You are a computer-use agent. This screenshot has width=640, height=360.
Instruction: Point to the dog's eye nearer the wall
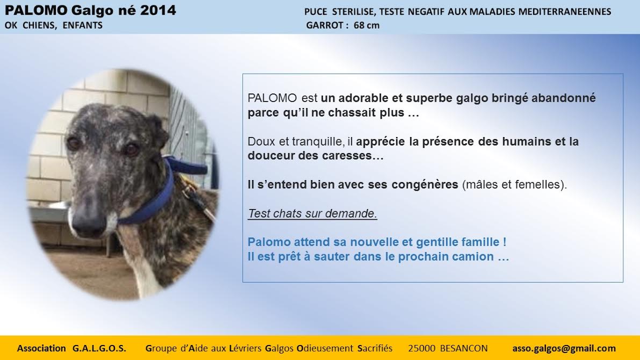74,143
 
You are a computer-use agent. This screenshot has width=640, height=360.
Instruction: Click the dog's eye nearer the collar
131,149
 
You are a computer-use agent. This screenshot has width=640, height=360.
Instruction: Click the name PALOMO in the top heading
36,10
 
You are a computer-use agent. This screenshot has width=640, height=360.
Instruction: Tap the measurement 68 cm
366,25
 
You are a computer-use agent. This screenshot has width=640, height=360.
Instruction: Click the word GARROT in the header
325,25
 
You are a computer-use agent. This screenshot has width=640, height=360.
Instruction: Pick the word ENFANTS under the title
82,25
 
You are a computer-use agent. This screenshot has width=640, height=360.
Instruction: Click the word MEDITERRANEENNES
564,12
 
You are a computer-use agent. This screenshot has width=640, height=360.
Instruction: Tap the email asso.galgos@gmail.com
564,349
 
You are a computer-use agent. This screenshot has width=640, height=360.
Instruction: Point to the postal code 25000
422,349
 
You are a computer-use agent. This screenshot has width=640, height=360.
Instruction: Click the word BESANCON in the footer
464,349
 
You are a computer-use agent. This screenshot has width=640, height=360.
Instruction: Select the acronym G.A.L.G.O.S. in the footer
99,349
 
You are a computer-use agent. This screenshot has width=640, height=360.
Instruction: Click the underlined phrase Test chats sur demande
312,213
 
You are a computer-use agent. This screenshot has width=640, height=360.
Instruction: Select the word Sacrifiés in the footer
375,349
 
